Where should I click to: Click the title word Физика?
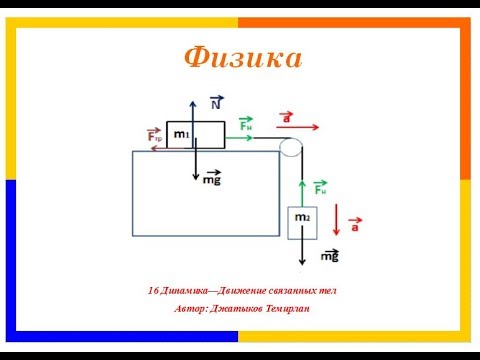coord(242,58)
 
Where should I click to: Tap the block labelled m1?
coord(195,134)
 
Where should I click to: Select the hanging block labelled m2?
coord(302,221)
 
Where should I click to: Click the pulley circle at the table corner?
coord(291,148)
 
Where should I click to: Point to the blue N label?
coord(216,103)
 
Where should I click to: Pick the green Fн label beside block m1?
coord(245,125)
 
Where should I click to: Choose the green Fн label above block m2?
coord(320,187)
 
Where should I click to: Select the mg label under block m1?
coord(212,178)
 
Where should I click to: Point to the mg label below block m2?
coord(330,257)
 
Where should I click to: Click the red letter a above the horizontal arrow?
coord(289,117)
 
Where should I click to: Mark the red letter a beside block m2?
coord(354,227)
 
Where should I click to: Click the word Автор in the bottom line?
coord(191,308)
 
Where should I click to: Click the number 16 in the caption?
coord(152,290)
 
